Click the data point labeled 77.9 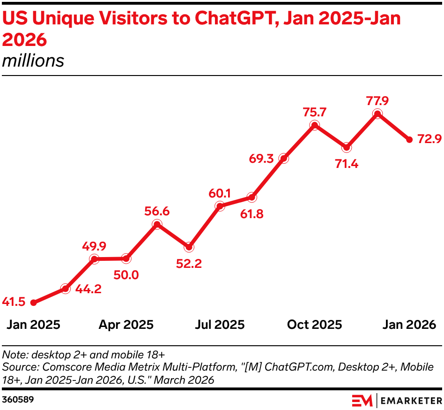click(377, 114)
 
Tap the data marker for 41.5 click(33, 303)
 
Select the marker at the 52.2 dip click(189, 247)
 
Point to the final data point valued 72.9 click(409, 139)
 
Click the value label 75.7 click(315, 113)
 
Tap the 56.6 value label click(157, 212)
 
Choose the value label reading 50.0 click(126, 275)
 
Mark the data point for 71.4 click(346, 147)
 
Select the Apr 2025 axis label click(126, 325)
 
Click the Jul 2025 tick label click(220, 325)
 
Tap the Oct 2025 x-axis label click(315, 325)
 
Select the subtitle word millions click(33, 61)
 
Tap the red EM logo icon click(362, 401)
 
